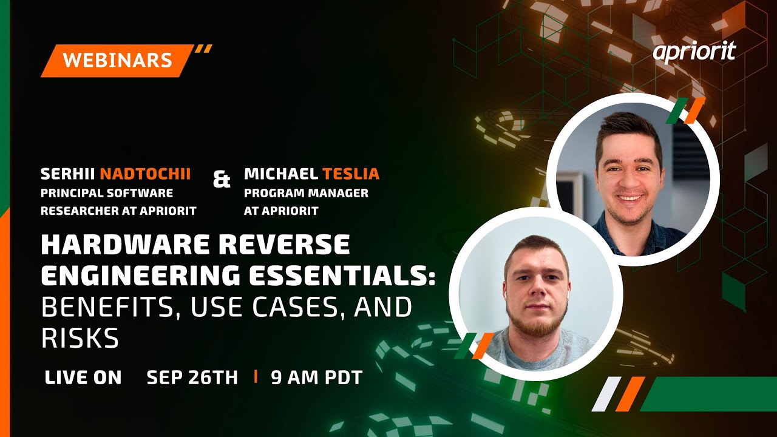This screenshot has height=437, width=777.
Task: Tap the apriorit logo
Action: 694,52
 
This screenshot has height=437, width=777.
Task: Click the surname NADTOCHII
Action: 145,174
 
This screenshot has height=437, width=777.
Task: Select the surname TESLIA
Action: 350,174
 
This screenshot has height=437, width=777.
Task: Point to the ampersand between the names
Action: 222,180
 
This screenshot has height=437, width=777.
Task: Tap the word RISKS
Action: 80,338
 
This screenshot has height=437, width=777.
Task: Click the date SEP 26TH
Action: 192,378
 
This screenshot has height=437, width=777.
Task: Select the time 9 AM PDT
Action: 316,378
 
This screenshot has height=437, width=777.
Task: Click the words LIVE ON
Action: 83,378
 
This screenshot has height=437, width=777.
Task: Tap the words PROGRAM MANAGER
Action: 306,193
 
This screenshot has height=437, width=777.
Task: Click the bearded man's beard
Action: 536,322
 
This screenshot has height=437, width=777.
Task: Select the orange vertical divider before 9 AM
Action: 256,377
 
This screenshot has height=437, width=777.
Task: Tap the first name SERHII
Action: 67,174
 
